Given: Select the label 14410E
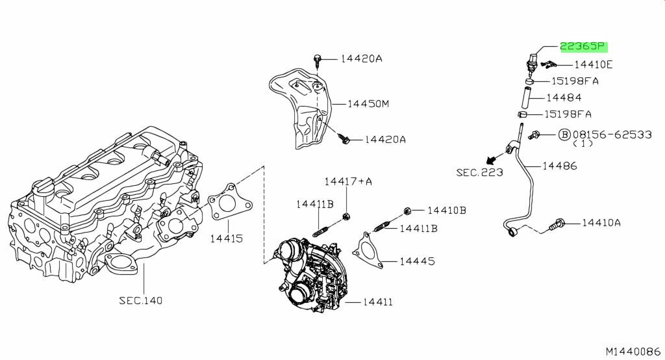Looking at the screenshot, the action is pyautogui.click(x=594, y=64).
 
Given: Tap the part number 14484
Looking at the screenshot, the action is pyautogui.click(x=564, y=97).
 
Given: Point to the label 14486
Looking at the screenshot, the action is pyautogui.click(x=560, y=166).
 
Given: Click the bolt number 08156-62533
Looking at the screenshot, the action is pyautogui.click(x=612, y=135).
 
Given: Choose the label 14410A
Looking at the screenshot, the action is pyautogui.click(x=601, y=222).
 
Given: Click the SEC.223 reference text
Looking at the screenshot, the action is pyautogui.click(x=480, y=172).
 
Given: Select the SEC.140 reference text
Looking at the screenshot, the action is pyautogui.click(x=140, y=301).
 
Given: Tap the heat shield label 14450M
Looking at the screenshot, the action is pyautogui.click(x=368, y=103).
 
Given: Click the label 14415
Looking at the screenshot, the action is pyautogui.click(x=227, y=238).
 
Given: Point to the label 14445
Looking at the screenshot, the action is pyautogui.click(x=418, y=261).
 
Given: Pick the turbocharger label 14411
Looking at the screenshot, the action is pyautogui.click(x=378, y=302).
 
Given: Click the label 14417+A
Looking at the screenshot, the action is pyautogui.click(x=348, y=182).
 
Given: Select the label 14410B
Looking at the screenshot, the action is pyautogui.click(x=447, y=210).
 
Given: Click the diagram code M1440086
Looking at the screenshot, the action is pyautogui.click(x=633, y=352).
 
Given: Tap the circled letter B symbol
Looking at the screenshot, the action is pyautogui.click(x=564, y=135).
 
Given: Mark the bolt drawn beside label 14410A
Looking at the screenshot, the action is pyautogui.click(x=557, y=224).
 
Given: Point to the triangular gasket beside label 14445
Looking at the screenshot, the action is pyautogui.click(x=367, y=250).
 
